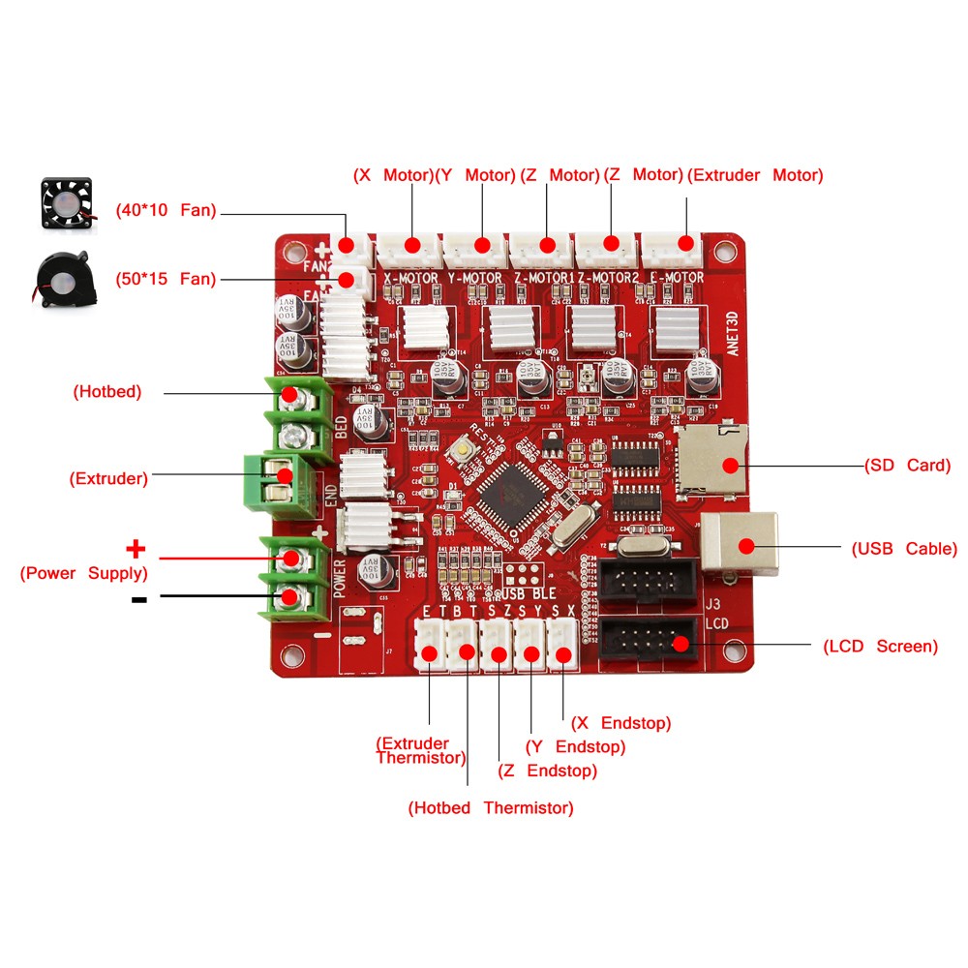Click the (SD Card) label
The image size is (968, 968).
(909, 466)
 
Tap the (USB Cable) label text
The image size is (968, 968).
(904, 549)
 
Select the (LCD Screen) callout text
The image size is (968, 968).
(880, 646)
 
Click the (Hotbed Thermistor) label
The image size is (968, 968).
(490, 807)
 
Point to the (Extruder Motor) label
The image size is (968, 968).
(755, 175)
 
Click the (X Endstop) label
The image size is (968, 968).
(620, 723)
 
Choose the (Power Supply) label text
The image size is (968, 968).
(84, 572)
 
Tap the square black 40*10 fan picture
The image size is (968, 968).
(66, 202)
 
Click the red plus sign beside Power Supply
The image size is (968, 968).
(136, 550)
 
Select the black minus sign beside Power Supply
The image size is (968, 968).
(138, 599)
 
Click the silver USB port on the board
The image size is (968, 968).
(740, 544)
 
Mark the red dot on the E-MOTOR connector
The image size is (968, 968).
(687, 244)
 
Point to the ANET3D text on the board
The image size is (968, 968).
(732, 331)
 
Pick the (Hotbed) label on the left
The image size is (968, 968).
(107, 392)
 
